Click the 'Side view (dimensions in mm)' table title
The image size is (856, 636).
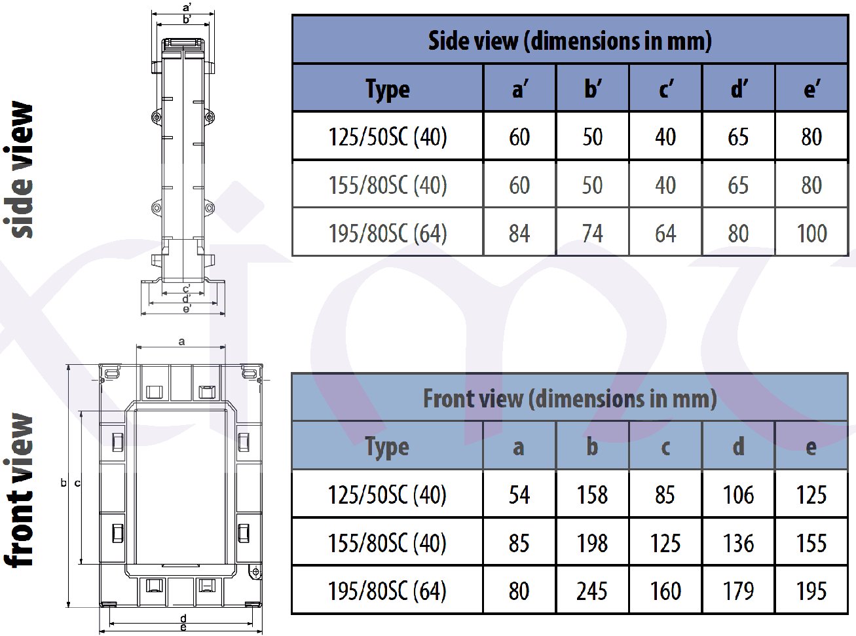pos(570,41)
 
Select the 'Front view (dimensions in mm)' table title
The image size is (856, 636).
pos(570,398)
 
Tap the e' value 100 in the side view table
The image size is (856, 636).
pos(811,233)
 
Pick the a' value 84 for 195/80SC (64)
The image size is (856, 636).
pos(519,233)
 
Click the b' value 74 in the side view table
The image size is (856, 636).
pos(593,233)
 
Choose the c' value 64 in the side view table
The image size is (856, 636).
pos(665,233)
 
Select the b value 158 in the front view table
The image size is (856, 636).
pos(592,495)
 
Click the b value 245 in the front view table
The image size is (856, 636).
pos(592,591)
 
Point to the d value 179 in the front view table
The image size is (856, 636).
pos(738,591)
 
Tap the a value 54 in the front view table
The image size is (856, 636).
pos(519,495)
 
